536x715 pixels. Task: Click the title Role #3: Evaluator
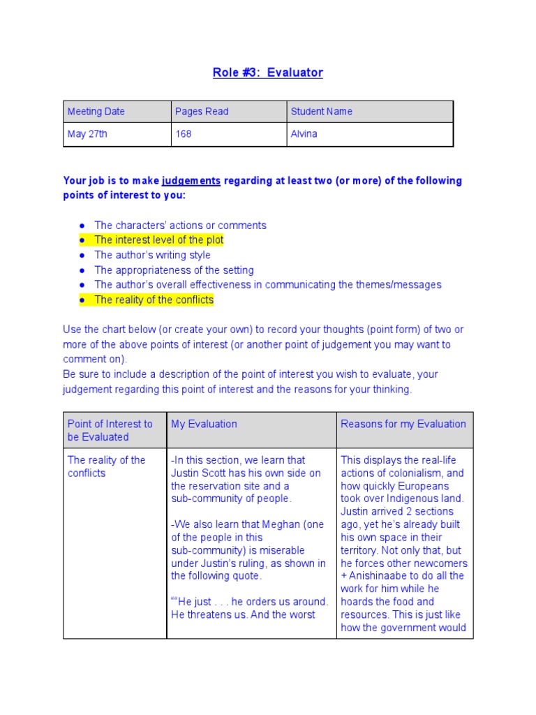tap(268, 73)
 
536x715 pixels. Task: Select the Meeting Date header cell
tap(96, 112)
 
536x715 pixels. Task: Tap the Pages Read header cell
tap(202, 112)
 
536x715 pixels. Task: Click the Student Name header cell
tap(322, 112)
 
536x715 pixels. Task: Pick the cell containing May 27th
tap(87, 134)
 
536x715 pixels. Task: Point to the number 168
tap(184, 134)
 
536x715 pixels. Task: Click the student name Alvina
tap(304, 134)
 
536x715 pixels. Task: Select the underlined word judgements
tap(191, 181)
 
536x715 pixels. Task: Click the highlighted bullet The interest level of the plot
tap(158, 240)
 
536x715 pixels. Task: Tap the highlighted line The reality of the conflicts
tap(154, 300)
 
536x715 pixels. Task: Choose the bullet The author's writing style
tap(152, 255)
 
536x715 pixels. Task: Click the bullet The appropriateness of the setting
tap(174, 270)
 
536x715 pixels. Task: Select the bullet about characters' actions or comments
tap(180, 226)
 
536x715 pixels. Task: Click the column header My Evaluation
tap(204, 424)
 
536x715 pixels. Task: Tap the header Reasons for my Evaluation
tap(403, 424)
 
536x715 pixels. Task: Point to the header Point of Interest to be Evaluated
tap(110, 430)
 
